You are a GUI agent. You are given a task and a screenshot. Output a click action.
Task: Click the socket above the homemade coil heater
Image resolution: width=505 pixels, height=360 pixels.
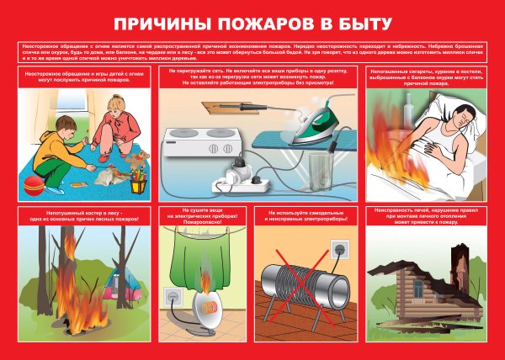pyautogui.click(x=339, y=250)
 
